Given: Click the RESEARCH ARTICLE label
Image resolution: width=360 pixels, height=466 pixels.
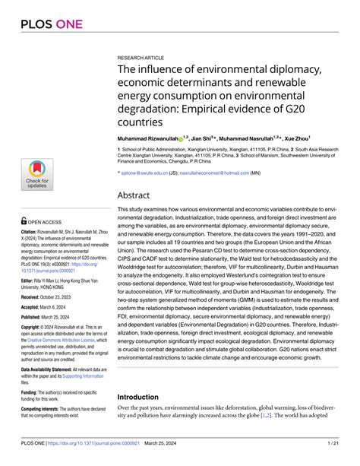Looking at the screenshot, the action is [141, 57].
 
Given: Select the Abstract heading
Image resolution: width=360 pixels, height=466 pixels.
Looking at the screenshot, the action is [138, 195].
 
